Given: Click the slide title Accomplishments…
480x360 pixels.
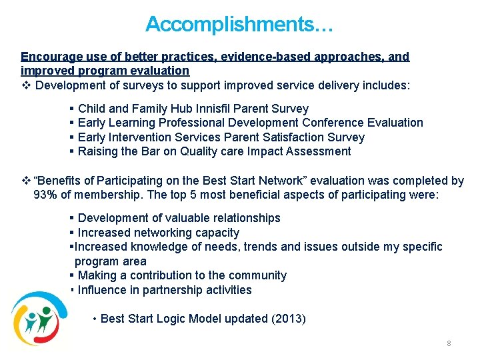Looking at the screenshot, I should pos(239,25).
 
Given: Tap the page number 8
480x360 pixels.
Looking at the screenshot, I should pos(449,343).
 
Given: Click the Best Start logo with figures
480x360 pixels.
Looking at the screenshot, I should pos(38,318).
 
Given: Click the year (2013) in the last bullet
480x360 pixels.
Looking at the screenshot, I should pos(289,319).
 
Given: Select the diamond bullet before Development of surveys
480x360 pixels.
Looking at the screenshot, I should pos(26,86).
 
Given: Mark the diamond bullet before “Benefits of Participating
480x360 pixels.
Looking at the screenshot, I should pos(26,181).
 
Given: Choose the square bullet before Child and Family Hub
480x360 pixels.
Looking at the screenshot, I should pos(71,108).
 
